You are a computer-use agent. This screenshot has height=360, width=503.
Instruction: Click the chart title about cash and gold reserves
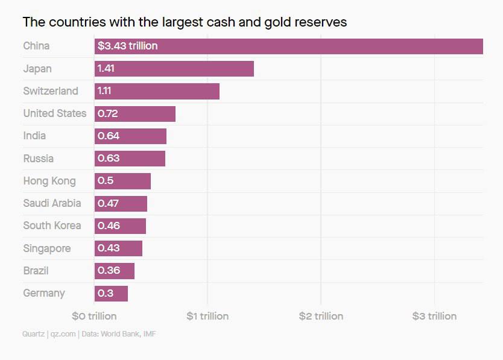185,22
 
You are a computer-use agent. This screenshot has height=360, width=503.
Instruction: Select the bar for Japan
174,69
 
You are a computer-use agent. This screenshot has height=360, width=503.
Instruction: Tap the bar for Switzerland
157,91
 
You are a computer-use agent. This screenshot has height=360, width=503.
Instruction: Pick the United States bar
134,113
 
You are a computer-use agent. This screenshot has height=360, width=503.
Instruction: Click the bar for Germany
111,294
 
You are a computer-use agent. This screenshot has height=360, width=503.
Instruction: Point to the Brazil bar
114,271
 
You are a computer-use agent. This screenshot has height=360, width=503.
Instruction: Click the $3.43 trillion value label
127,46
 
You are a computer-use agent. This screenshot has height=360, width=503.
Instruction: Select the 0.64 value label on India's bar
109,136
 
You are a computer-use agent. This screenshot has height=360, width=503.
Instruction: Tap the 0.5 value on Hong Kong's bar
106,181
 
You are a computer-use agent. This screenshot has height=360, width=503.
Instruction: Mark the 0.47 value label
108,203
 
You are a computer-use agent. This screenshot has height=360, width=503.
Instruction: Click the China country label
36,46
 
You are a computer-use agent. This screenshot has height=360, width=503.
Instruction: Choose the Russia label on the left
38,159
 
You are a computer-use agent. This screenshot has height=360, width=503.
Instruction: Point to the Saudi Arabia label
52,203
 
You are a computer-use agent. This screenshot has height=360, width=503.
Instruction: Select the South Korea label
52,226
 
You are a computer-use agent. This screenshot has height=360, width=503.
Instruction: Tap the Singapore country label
46,248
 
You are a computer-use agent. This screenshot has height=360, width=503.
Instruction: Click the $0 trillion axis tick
94,316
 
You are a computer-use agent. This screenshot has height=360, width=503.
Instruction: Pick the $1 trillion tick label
207,316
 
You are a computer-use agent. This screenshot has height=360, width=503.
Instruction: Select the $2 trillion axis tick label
321,316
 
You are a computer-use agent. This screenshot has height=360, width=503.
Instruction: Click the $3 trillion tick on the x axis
434,316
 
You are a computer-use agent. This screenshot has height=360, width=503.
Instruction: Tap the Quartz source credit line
89,333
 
